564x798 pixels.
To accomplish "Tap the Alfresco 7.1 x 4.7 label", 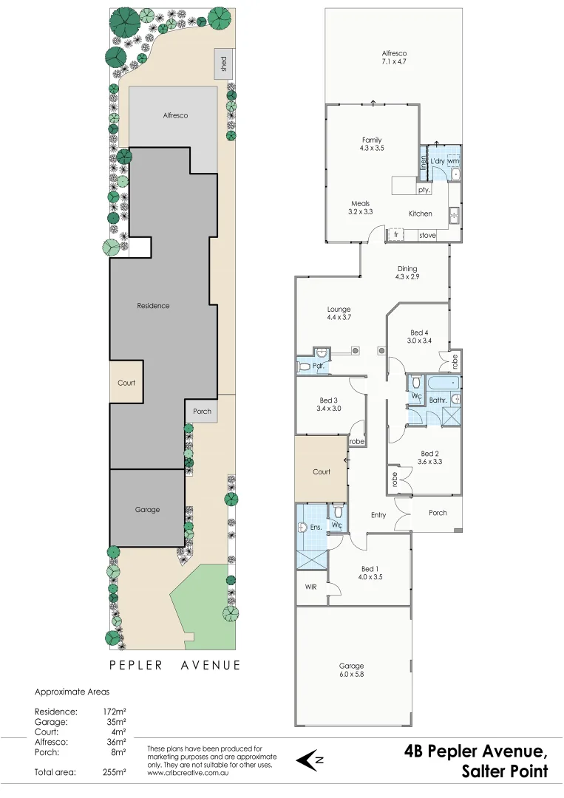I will tap(394, 58).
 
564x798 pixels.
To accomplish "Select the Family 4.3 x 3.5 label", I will tap(372, 144).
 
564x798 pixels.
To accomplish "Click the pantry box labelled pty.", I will tap(424, 190).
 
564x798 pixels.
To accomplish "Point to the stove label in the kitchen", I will tap(427, 236).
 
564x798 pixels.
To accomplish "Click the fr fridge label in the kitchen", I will tap(396, 236).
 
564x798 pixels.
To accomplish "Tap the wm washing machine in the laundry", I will tap(453, 160).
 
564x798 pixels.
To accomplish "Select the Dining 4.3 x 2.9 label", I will tap(407, 273).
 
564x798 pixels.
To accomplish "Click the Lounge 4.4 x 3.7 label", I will tap(339, 313).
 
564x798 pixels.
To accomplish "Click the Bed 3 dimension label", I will tap(329, 408).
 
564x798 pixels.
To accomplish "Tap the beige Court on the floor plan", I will tap(322, 471).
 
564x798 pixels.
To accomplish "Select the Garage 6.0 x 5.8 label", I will tap(352, 670).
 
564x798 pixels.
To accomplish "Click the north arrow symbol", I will tap(310, 760).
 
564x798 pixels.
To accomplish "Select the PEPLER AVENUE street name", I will tap(175, 665).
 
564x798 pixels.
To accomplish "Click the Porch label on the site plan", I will tap(202, 412).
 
